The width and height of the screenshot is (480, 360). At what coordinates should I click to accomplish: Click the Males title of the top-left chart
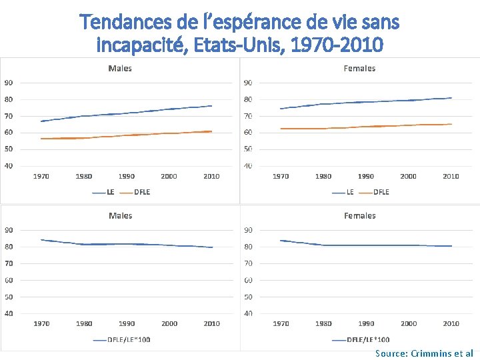(x=120, y=68)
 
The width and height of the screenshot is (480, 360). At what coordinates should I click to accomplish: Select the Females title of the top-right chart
(x=359, y=68)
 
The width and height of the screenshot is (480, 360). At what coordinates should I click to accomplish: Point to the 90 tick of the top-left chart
(x=9, y=83)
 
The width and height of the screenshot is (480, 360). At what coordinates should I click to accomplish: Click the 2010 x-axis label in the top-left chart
(x=211, y=176)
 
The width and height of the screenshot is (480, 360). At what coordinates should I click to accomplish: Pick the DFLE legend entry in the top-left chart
(x=142, y=192)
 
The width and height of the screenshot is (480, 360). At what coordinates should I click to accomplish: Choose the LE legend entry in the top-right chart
(x=350, y=192)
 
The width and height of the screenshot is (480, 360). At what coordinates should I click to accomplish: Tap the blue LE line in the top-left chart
(x=127, y=113)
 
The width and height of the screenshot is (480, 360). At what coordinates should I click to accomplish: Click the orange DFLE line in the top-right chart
(x=366, y=127)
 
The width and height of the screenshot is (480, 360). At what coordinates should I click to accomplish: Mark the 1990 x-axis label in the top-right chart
(x=366, y=176)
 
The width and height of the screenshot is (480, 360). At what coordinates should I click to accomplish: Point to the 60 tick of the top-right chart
(x=247, y=132)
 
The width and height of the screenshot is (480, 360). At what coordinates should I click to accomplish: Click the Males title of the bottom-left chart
(x=120, y=215)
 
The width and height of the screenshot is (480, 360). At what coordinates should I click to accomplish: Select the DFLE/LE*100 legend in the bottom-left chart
(x=130, y=339)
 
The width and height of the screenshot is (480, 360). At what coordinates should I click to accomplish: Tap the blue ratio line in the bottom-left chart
(x=127, y=244)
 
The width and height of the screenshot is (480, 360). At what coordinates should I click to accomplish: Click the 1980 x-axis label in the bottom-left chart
(x=84, y=323)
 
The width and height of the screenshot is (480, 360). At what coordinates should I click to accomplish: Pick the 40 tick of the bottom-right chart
(x=247, y=313)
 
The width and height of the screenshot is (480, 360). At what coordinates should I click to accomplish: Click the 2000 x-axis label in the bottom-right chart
(x=409, y=323)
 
